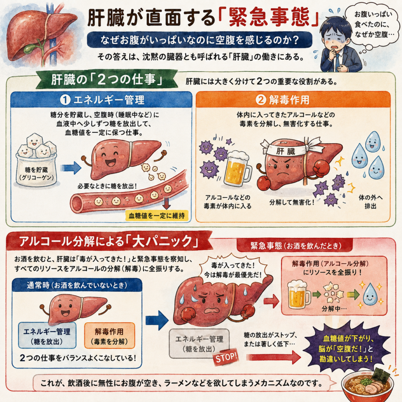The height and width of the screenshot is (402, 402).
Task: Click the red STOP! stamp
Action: click(226, 357)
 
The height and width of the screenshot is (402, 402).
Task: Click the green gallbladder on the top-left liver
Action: click(30, 48)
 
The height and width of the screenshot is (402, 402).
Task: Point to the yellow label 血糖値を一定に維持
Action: click(157, 216)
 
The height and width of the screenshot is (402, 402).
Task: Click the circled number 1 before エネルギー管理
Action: click(65, 100)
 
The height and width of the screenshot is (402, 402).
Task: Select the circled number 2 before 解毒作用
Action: click(261, 100)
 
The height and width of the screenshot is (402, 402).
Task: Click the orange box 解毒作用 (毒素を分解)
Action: click(110, 336)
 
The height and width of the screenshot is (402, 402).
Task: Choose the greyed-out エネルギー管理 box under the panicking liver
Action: click(199, 344)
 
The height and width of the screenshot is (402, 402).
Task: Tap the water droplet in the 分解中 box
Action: click(370, 294)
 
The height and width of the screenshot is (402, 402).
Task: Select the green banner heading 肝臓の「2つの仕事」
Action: click(107, 80)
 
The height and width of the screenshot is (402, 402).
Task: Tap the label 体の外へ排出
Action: click(371, 202)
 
